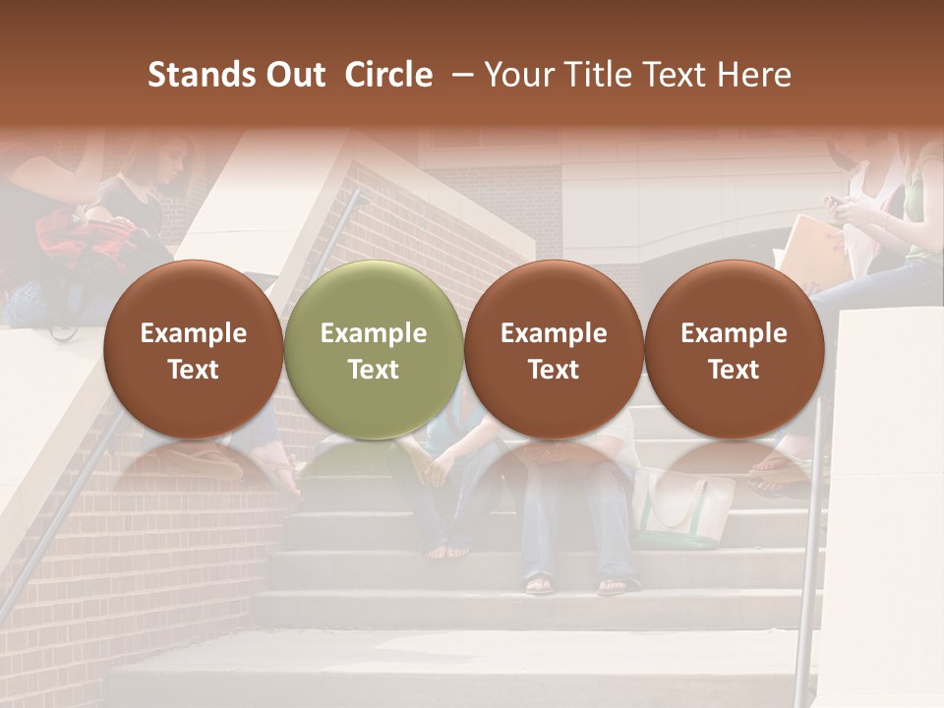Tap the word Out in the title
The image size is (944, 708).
click(294, 75)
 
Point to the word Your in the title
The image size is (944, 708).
click(514, 75)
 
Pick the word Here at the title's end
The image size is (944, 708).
click(754, 75)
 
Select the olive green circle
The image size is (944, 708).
click(374, 349)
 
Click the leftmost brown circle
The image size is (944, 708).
click(194, 349)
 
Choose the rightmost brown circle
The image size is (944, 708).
click(735, 349)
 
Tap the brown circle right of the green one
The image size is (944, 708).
click(554, 349)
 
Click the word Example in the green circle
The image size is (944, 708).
click(374, 333)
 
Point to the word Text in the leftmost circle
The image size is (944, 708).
click(194, 370)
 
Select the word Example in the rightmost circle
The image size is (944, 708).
click(735, 333)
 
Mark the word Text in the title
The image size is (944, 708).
click(685, 75)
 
